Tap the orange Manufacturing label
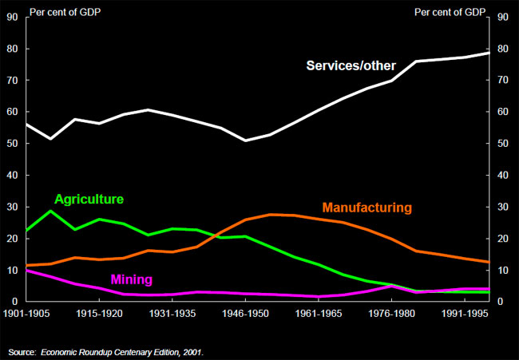point(366,208)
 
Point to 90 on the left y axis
point(11,18)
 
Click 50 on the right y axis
point(502,144)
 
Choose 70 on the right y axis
point(502,81)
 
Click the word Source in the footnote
point(22,352)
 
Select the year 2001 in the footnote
point(193,352)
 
